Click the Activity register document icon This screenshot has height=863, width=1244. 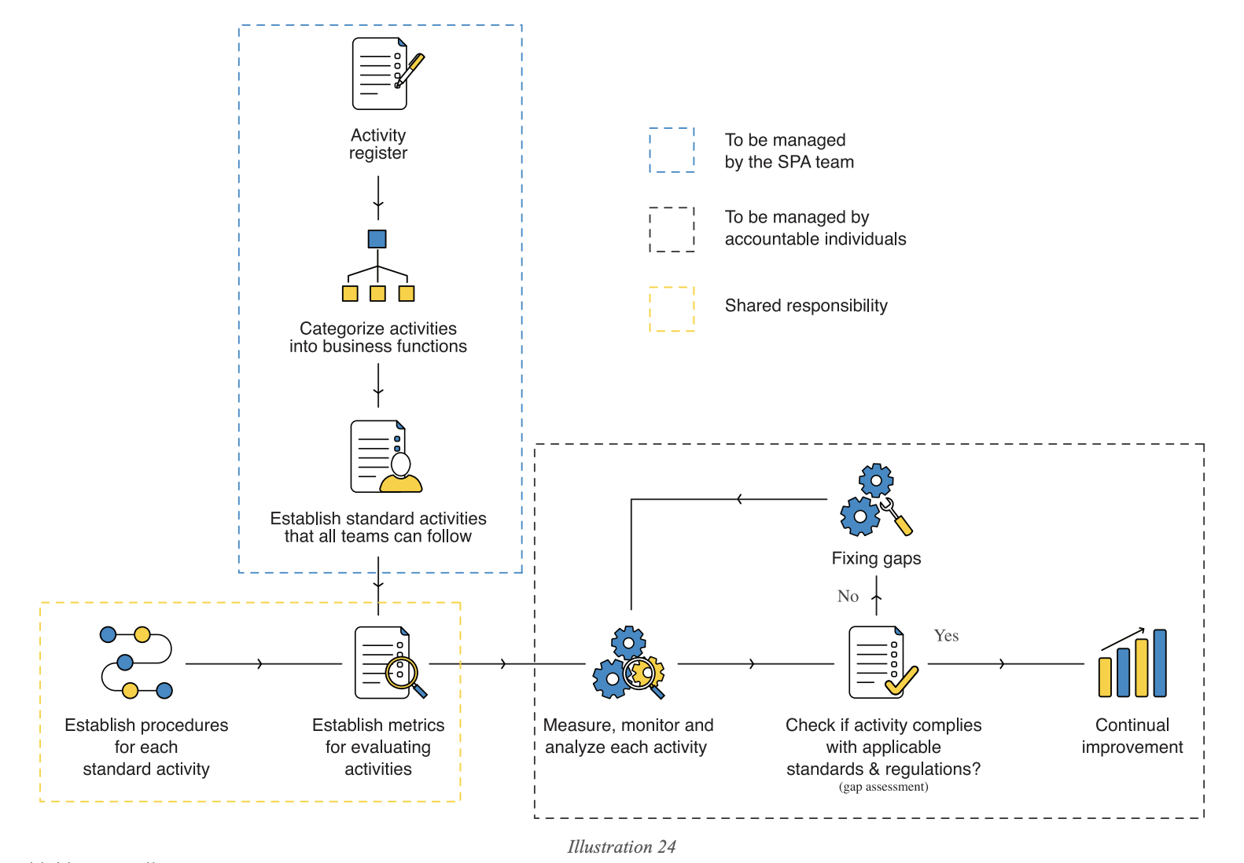[x=385, y=74]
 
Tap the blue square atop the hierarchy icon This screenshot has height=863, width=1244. [x=377, y=239]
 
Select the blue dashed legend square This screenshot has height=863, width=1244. [x=672, y=150]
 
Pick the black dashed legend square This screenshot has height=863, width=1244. [x=672, y=230]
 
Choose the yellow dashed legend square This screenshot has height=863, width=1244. [x=672, y=309]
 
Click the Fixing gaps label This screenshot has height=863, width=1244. [x=876, y=559]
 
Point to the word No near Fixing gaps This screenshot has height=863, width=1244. [x=848, y=597]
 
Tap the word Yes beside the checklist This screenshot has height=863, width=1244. [x=946, y=636]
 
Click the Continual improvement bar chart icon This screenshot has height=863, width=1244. [x=1132, y=663]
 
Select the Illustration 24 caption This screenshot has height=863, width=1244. [x=621, y=846]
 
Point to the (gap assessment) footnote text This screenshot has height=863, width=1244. [x=883, y=787]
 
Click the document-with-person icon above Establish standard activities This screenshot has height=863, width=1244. [x=386, y=457]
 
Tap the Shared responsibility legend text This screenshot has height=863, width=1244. [x=806, y=306]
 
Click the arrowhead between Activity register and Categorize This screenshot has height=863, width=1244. [x=378, y=206]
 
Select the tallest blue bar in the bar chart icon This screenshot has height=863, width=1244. [x=1160, y=663]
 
